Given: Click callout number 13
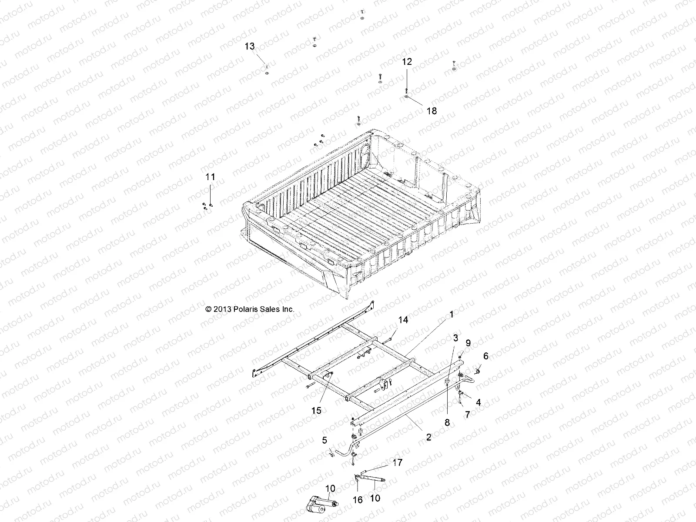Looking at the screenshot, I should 249,47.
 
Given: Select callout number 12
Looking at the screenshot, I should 406,62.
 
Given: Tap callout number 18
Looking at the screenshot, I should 431,111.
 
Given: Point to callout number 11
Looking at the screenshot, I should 210,177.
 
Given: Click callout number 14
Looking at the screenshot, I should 403,320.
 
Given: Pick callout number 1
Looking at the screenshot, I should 451,314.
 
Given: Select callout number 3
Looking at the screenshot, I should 455,338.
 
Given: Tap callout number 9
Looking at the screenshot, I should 468,343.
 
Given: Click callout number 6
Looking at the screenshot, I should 485,356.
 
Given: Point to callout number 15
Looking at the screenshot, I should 316,410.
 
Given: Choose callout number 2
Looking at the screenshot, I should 428,437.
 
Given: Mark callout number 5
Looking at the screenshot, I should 325,440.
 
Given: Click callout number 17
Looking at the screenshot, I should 397,463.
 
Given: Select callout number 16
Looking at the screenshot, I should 357,500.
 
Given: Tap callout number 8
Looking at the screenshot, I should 447,422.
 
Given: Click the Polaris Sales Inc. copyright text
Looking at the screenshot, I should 250,309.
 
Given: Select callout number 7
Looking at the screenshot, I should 468,415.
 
